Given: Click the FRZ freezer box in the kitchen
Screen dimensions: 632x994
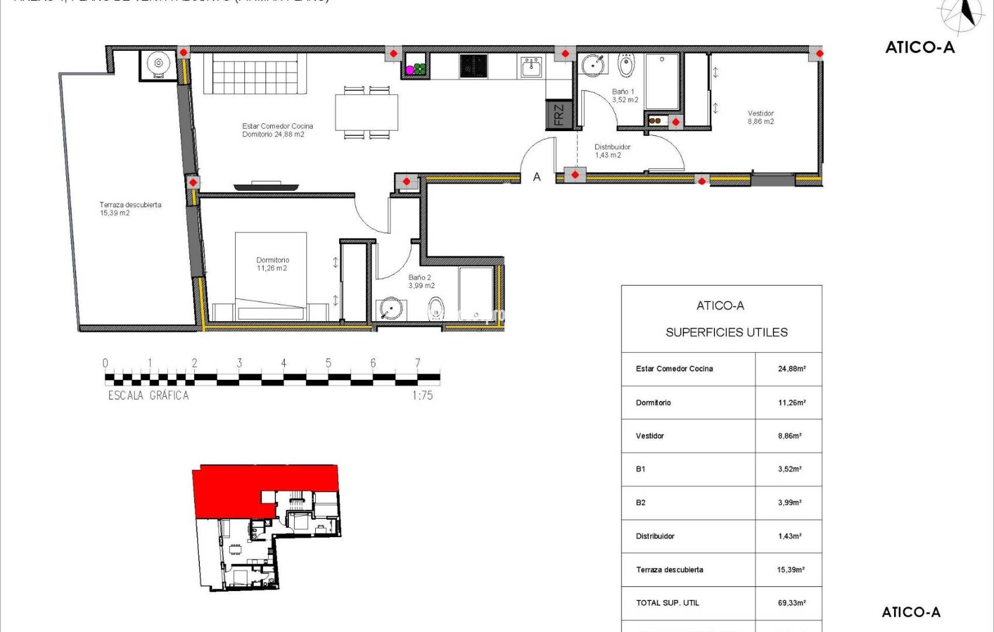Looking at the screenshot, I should [558, 115].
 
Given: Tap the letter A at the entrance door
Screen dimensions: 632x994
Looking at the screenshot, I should [537, 177].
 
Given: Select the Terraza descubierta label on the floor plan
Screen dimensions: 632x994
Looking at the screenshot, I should [130, 208].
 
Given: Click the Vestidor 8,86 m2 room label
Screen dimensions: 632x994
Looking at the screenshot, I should [760, 117].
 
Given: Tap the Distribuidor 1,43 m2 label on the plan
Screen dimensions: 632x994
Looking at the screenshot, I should [612, 151].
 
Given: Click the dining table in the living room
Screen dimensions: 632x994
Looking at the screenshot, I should [367, 112].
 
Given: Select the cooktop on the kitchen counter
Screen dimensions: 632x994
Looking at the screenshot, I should [473, 66].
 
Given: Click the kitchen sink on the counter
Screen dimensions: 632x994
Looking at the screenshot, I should [531, 67].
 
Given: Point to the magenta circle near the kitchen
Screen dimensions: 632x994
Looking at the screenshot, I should [410, 70].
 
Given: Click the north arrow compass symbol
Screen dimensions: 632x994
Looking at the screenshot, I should [964, 13].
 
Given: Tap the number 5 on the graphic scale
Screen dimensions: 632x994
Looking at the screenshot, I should [328, 363].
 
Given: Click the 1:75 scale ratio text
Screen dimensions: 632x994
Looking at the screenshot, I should [422, 396].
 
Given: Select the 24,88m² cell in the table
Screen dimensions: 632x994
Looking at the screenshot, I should [791, 369].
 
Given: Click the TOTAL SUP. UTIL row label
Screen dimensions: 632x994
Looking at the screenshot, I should [667, 603].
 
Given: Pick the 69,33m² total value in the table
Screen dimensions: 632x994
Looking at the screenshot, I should [791, 603].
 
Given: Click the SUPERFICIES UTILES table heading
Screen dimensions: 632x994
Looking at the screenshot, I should [726, 332].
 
